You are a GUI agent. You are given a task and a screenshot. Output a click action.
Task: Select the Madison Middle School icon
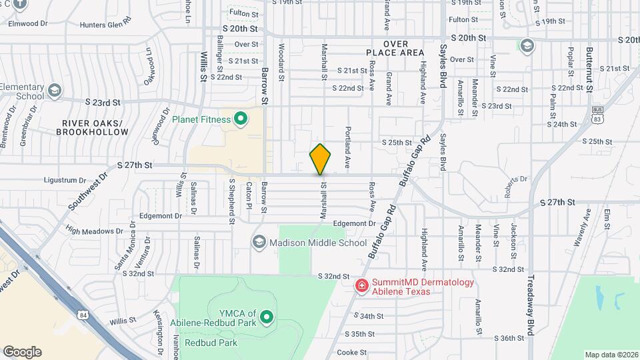tap(259, 243)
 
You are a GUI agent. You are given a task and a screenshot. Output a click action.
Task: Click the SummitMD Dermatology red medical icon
tap(361, 285)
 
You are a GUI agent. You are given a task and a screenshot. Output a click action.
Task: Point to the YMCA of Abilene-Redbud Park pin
tap(267, 317)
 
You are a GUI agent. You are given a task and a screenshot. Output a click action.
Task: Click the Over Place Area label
tap(395, 48)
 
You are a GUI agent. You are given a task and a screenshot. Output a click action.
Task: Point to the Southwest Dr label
tap(86, 192)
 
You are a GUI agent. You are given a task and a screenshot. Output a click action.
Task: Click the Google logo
tap(22, 352)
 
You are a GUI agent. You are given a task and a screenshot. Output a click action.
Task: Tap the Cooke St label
tap(352, 352)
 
